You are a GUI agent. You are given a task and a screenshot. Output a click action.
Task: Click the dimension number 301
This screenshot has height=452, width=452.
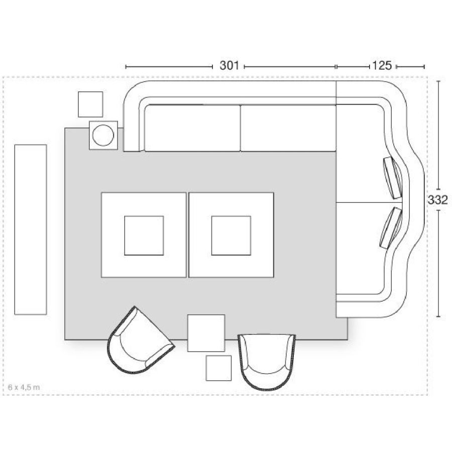[229, 65]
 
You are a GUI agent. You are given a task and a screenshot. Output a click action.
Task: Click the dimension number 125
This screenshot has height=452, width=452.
[382, 65]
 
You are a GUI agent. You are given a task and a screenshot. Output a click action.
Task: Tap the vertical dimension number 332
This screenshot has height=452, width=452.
[437, 199]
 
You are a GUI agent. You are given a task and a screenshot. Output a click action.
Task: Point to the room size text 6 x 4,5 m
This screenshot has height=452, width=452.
[24, 387]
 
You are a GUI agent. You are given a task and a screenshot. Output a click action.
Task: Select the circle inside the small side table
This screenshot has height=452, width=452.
[103, 135]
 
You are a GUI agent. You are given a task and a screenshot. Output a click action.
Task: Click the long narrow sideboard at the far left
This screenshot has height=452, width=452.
[31, 230]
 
